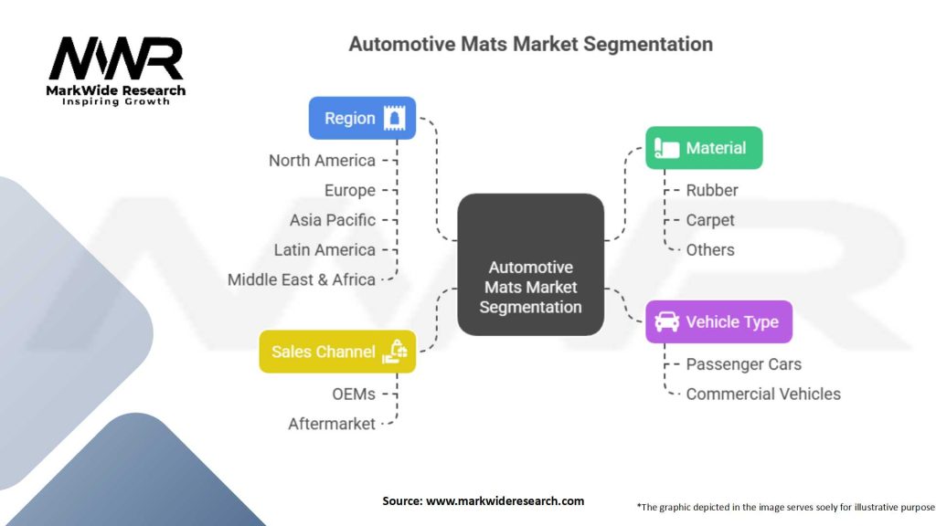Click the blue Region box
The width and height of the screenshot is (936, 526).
point(362,118)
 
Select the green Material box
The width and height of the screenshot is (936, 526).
point(704,148)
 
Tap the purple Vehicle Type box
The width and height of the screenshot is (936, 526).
point(718,322)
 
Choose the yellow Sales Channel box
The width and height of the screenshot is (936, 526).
point(337,352)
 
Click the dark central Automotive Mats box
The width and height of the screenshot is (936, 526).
point(531,264)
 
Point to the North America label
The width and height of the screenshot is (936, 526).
point(322,161)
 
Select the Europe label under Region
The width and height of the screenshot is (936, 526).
point(350,190)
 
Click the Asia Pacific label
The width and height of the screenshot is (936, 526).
point(333,220)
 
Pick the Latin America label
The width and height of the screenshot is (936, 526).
point(324,250)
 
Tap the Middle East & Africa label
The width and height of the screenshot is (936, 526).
point(302,279)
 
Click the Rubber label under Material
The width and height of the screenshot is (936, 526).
point(712,190)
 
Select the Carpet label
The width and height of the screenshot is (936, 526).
point(710,220)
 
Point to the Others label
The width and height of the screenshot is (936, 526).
point(710,250)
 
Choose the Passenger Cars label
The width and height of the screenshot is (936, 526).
point(744,364)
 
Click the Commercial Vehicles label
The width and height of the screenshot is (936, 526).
point(763,394)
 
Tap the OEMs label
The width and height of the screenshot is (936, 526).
point(354,394)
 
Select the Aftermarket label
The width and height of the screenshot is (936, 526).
point(332,424)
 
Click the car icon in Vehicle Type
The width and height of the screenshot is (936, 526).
point(666,322)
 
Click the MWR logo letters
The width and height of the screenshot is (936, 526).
point(116,58)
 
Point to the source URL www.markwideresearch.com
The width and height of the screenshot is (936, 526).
point(505,501)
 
